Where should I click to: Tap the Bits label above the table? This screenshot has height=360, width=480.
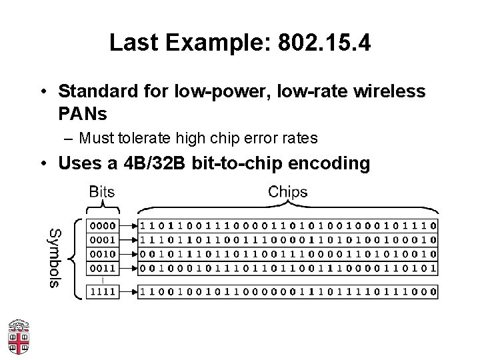click(x=102, y=192)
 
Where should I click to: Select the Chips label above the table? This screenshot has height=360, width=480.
click(x=287, y=192)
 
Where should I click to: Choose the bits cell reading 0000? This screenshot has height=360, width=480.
click(x=103, y=225)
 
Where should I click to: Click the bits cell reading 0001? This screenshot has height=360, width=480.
click(x=103, y=240)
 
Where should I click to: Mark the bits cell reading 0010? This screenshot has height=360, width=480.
click(x=103, y=254)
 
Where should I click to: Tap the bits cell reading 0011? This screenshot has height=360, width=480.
click(x=103, y=268)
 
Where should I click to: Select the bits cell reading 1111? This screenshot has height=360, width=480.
click(x=103, y=291)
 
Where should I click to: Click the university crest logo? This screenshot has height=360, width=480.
click(x=19, y=336)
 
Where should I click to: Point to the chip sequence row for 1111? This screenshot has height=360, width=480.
click(x=288, y=291)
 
